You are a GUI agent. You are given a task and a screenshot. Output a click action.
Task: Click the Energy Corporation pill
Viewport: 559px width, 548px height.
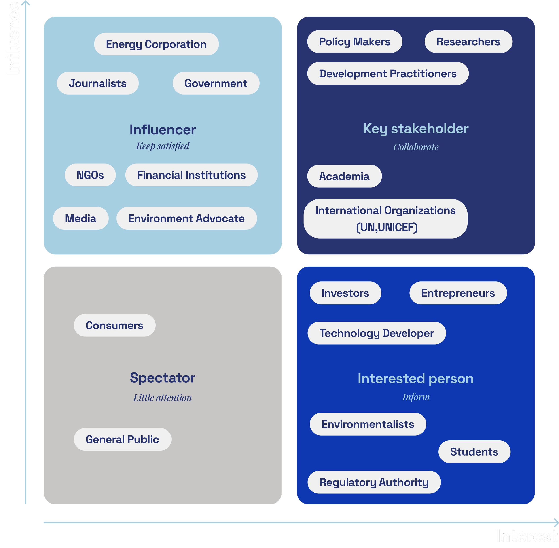click(156, 44)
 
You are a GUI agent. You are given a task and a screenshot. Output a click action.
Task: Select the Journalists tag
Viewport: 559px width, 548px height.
click(97, 83)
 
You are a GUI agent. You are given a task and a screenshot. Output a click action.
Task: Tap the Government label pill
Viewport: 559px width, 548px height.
click(216, 83)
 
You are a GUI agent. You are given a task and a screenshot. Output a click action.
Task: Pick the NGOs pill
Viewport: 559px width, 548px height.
click(90, 175)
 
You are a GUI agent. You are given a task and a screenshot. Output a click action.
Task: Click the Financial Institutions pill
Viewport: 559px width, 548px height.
click(191, 175)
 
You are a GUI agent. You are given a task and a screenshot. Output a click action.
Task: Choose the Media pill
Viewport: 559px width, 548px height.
click(80, 218)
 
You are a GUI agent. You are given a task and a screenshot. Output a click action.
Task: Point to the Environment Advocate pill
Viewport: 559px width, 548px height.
click(186, 218)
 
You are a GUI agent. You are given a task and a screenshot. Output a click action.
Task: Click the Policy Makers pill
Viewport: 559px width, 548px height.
click(355, 42)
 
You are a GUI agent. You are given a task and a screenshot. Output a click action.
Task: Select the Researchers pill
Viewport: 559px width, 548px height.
click(468, 42)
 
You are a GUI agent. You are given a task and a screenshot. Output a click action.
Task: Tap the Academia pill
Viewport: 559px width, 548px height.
click(344, 176)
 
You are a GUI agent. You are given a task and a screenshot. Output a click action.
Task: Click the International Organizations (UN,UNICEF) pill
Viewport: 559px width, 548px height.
click(385, 219)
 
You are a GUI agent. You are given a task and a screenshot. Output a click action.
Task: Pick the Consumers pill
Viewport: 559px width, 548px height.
click(114, 325)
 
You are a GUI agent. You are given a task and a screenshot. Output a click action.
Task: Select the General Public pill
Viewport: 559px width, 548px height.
click(122, 439)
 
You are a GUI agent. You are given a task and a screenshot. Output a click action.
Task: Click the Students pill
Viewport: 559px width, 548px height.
click(474, 452)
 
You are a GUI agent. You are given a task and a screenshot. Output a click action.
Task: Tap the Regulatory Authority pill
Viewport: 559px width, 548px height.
click(374, 482)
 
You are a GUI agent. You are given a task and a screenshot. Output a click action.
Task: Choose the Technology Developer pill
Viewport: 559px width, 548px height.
click(377, 333)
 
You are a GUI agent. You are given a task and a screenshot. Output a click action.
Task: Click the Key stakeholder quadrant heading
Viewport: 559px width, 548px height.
click(416, 129)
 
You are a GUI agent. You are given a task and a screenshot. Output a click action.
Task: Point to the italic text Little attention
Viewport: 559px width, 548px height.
click(162, 398)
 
